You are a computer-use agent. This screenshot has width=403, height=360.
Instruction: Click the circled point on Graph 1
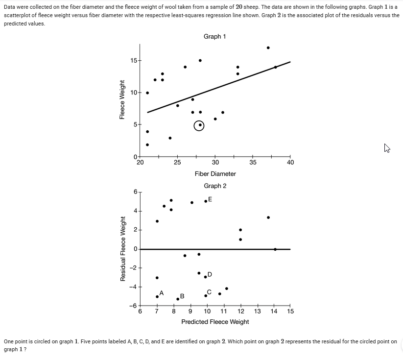pyautogui.click(x=200, y=125)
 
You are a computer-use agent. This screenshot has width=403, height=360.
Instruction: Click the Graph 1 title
pyautogui.click(x=215, y=37)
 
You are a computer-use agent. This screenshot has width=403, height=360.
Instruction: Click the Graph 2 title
pyautogui.click(x=215, y=186)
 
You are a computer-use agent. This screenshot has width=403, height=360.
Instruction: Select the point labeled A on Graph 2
pyautogui.click(x=157, y=296)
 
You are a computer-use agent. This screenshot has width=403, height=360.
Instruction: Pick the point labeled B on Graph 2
pyautogui.click(x=178, y=299)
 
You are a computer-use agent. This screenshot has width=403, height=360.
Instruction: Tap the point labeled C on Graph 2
pyautogui.click(x=206, y=295)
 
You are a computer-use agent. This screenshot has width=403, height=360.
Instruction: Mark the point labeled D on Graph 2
pyautogui.click(x=206, y=277)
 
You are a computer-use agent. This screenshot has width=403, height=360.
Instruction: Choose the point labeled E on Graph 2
pyautogui.click(x=206, y=201)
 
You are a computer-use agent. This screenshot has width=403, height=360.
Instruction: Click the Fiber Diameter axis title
pyautogui.click(x=215, y=174)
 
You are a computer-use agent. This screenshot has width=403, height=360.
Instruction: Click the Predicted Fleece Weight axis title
pyautogui.click(x=215, y=322)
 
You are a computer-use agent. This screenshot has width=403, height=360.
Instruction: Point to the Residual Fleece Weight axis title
pyautogui.click(x=123, y=249)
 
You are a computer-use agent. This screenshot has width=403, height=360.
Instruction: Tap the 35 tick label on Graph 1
pyautogui.click(x=253, y=163)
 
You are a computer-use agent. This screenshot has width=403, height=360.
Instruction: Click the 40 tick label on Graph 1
pyautogui.click(x=290, y=163)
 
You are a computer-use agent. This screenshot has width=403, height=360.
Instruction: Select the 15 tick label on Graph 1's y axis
pyautogui.click(x=134, y=60)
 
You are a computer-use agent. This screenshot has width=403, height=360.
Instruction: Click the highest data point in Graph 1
pyautogui.click(x=268, y=48)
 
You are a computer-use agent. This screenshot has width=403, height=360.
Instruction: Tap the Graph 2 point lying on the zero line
pyautogui.click(x=275, y=249)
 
